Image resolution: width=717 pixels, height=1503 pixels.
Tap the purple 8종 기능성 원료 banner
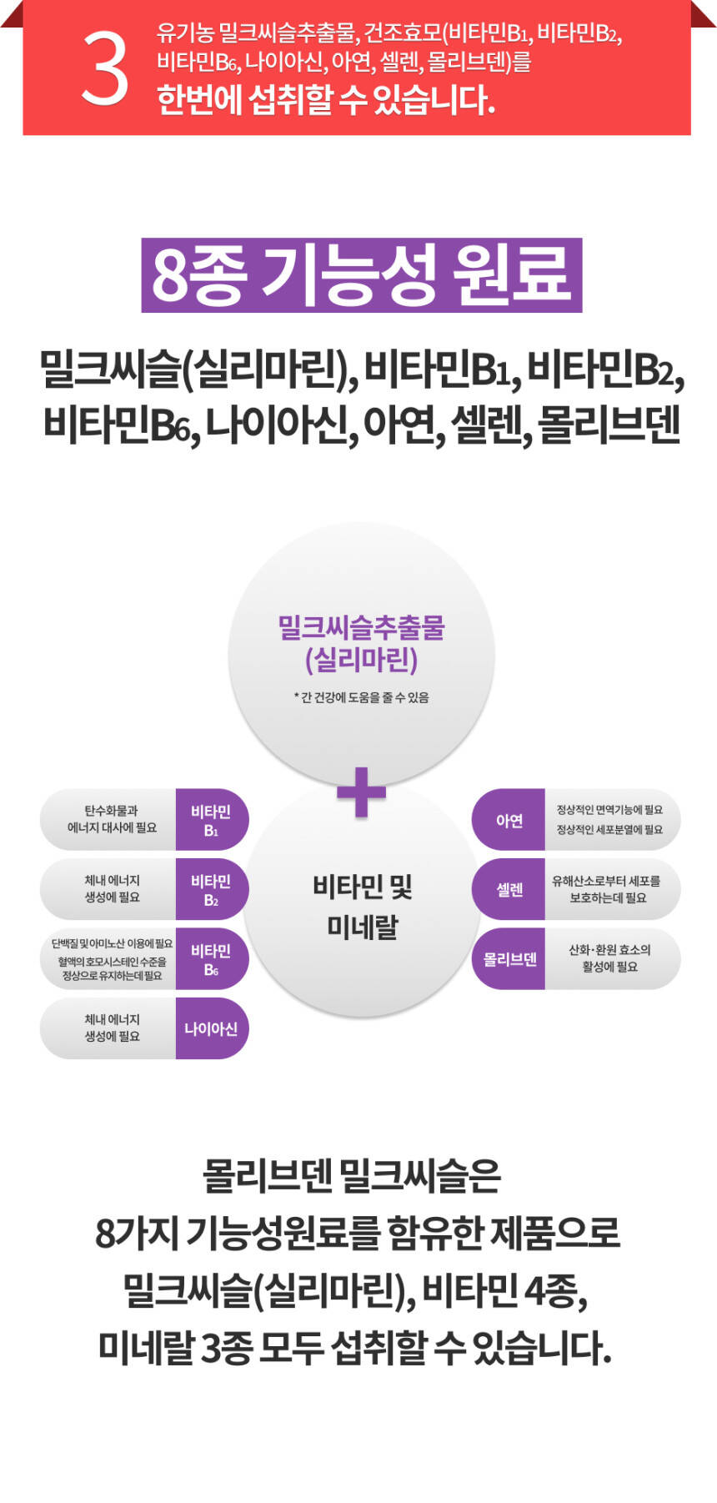click(361, 275)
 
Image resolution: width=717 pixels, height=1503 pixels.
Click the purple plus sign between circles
click(361, 792)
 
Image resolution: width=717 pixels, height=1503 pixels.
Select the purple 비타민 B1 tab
click(211, 820)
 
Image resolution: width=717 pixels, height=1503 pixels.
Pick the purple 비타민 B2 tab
click(211, 889)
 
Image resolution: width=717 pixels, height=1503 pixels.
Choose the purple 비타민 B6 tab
click(211, 959)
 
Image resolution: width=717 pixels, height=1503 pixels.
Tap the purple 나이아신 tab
click(211, 1028)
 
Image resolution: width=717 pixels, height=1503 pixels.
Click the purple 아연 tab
click(509, 820)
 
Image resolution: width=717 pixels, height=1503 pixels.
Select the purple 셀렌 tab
click(509, 890)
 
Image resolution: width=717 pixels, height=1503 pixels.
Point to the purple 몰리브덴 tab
click(509, 959)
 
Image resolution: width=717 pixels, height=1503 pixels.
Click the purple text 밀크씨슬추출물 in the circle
click(361, 627)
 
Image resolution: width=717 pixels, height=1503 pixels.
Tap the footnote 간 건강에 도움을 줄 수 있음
click(361, 697)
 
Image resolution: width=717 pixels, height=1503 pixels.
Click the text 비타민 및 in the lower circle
click(362, 887)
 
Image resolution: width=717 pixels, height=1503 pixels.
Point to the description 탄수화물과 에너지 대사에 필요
click(111, 819)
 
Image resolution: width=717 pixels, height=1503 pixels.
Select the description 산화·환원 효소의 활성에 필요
click(609, 958)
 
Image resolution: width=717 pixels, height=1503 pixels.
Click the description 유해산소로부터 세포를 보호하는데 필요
click(607, 889)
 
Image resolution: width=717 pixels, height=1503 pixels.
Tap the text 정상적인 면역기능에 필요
click(609, 810)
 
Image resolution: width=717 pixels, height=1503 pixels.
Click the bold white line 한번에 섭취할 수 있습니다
click(325, 100)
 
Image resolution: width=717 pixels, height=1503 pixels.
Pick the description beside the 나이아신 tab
click(111, 1028)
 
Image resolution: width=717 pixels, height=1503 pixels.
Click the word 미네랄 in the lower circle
click(362, 927)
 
